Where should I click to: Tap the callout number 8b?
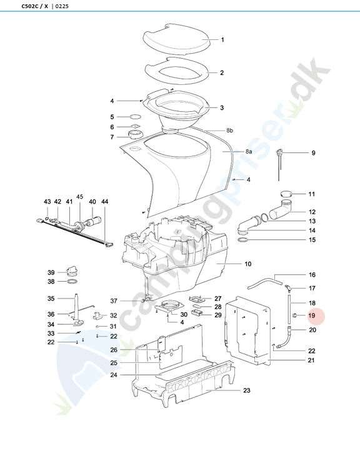229,131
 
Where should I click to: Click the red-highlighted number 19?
312,315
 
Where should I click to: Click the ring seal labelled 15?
242,240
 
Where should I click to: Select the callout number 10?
247,264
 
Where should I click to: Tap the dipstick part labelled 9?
279,164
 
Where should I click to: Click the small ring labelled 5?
135,117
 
